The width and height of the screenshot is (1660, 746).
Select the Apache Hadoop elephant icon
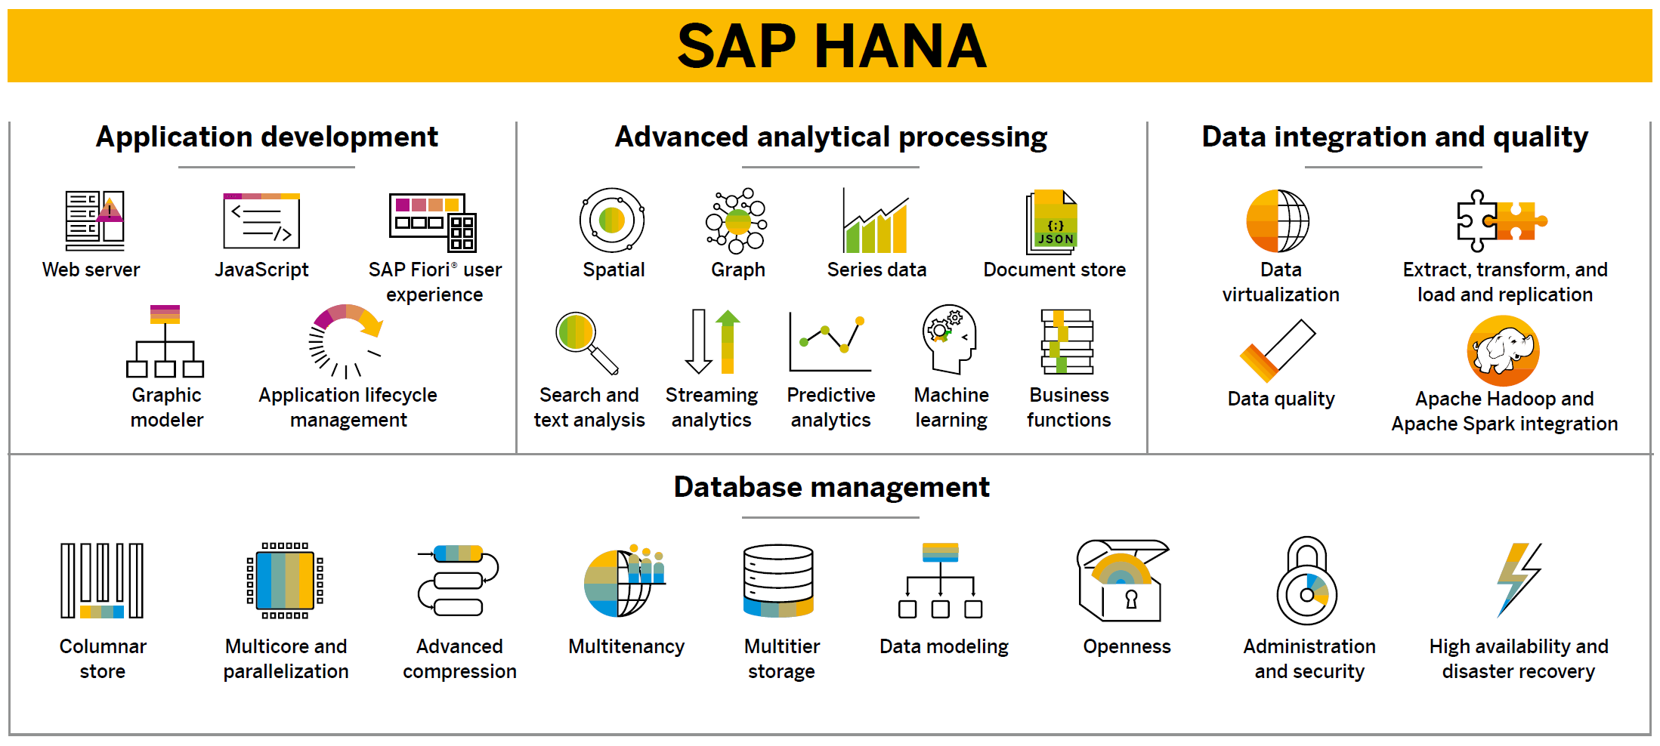tap(1503, 350)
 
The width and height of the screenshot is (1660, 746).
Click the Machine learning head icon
tap(949, 339)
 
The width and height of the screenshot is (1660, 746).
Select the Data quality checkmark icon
tap(1277, 350)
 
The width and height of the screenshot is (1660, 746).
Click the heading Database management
tap(831, 487)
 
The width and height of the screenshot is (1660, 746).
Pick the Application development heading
tap(267, 137)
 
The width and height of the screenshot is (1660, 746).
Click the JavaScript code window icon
tap(261, 220)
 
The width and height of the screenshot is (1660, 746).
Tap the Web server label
tap(91, 270)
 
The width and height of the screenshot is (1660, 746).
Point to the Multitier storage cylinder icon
tap(778, 580)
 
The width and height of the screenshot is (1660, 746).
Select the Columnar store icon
tap(102, 580)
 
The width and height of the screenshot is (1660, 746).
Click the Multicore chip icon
tap(285, 580)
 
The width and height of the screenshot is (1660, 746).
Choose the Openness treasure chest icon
tap(1121, 580)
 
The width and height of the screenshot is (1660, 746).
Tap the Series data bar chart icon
tap(876, 222)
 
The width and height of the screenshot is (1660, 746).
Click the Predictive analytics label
tap(830, 407)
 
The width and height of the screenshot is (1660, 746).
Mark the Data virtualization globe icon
tap(1278, 220)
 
